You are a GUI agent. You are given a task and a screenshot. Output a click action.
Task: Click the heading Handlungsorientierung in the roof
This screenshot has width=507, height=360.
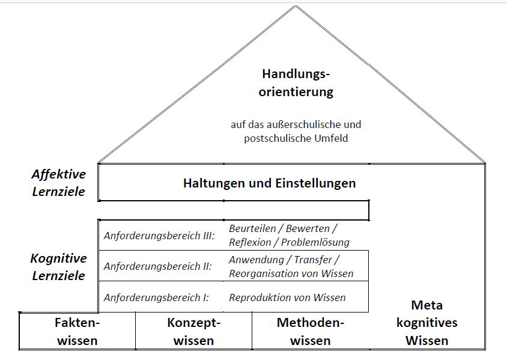click(296, 84)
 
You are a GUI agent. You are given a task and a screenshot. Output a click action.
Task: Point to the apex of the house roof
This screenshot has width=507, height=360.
click(296, 7)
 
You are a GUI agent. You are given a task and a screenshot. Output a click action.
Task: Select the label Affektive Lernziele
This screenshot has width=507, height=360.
click(58, 183)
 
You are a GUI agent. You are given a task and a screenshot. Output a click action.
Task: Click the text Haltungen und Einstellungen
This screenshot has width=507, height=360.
click(269, 183)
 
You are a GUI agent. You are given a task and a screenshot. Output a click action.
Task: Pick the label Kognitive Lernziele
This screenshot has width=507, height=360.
click(58, 267)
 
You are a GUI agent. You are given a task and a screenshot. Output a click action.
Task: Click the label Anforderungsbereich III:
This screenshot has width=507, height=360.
click(159, 236)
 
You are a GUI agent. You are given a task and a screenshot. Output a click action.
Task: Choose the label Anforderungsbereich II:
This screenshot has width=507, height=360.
click(157, 266)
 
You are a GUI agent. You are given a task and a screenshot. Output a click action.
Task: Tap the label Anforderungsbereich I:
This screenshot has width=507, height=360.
click(156, 297)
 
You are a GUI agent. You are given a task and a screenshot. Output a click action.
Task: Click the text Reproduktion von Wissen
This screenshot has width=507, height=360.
click(287, 297)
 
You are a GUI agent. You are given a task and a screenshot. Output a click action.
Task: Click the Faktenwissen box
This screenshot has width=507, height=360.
click(76, 331)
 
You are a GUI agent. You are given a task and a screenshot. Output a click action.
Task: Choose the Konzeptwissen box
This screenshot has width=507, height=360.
click(193, 331)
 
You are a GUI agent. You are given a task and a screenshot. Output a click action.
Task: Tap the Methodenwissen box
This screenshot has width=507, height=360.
click(310, 331)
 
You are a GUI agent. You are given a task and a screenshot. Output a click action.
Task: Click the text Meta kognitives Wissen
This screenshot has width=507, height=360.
click(427, 323)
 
